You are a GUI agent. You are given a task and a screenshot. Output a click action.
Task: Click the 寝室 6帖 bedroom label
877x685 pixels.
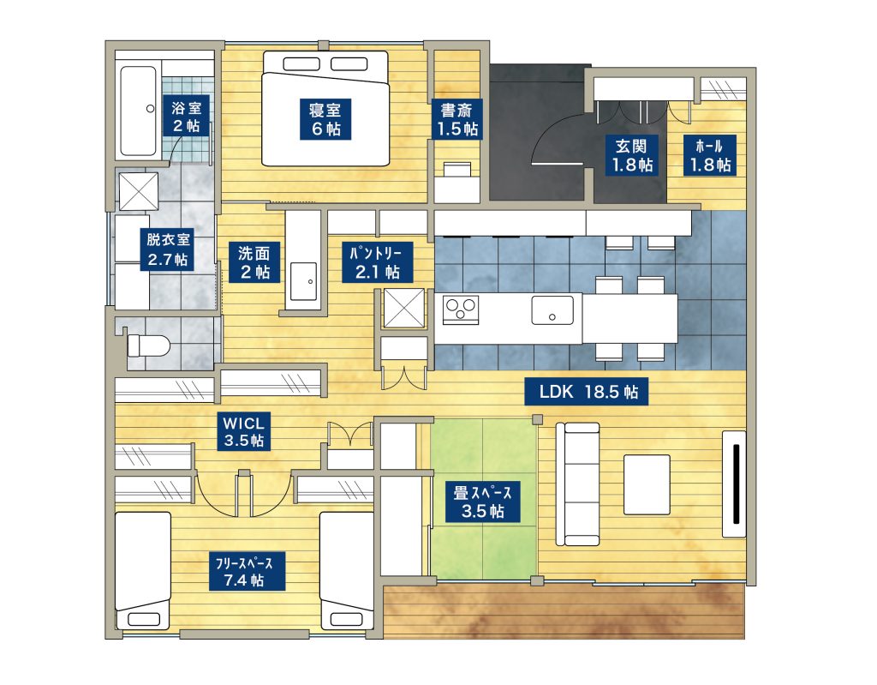point(325,119)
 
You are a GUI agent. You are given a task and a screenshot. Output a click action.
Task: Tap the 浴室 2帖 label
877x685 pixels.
point(186,117)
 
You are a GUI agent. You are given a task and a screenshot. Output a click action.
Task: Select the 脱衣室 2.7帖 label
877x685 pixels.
point(167,249)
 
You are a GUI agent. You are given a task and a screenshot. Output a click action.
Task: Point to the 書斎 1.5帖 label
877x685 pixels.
point(456,119)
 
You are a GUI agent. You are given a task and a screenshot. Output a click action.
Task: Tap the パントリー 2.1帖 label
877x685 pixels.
point(378,261)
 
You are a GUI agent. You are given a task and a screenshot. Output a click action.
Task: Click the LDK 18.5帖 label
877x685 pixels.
point(588,393)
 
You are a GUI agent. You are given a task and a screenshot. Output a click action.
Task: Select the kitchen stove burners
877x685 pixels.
point(461,308)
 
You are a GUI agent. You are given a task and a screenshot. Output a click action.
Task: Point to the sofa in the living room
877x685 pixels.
point(581,484)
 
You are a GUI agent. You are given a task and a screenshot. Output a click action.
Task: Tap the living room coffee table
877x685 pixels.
point(646,485)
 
